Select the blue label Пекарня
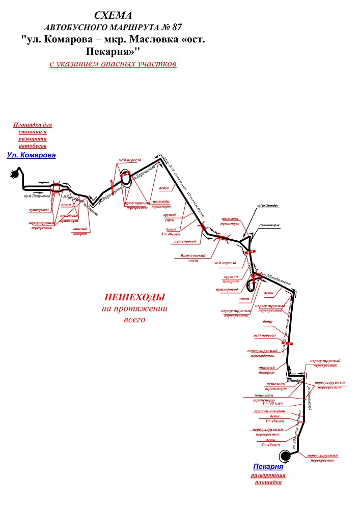coord(268,466)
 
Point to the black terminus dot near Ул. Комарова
coord(15,174)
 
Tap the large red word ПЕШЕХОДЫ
coord(135,297)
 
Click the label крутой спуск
coord(170,219)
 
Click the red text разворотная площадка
coord(268,479)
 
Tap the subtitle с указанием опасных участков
coord(113,65)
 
